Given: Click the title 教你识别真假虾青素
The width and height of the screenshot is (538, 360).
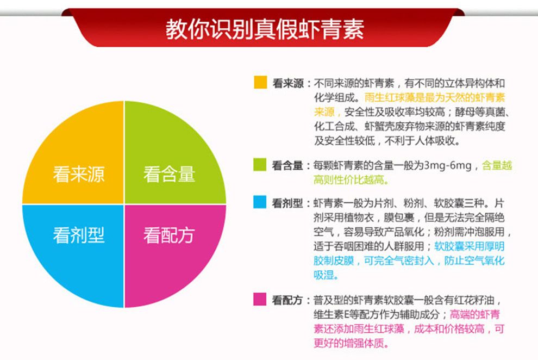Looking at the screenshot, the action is tap(265, 29).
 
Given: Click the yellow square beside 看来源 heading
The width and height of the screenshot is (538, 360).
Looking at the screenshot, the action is tap(260, 82).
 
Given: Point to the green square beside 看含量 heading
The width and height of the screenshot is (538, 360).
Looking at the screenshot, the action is tap(260, 164).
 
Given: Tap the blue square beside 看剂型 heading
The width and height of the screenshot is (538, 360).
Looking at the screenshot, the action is tap(260, 202).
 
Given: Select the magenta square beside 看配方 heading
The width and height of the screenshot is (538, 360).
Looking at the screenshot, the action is tap(260, 299).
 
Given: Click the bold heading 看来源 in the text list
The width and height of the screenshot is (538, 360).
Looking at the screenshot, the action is tap(288, 83).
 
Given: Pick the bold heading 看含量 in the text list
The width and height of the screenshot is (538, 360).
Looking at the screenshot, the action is tap(287, 165).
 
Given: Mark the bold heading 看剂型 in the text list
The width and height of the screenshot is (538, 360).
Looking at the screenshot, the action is tap(287, 203).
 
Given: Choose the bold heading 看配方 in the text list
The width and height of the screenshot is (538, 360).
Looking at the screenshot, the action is tap(287, 300).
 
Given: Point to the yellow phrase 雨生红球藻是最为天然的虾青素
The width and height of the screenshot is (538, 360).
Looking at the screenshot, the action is tap(435, 97).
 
